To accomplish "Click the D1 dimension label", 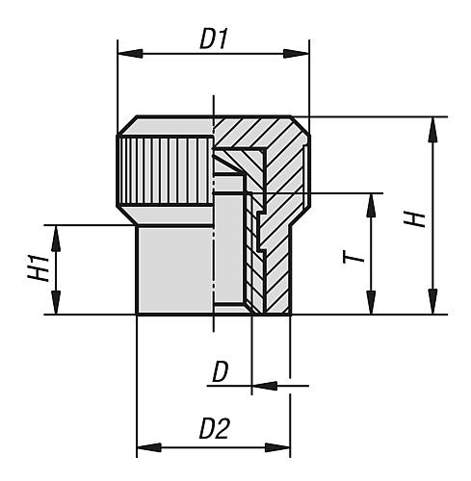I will (212, 39).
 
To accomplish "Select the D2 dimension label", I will (213, 430).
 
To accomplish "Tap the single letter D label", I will (222, 371).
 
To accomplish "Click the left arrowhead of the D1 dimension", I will (123, 55).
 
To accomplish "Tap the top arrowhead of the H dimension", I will (433, 124).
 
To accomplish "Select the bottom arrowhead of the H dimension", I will (433, 307).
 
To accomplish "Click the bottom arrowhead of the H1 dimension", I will (57, 307).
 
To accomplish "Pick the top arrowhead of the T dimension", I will (370, 200).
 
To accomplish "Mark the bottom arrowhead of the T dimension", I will (370, 307).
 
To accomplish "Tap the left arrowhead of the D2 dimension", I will (144, 446).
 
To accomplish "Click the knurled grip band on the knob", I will (165, 169).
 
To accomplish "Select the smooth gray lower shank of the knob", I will (173, 269).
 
